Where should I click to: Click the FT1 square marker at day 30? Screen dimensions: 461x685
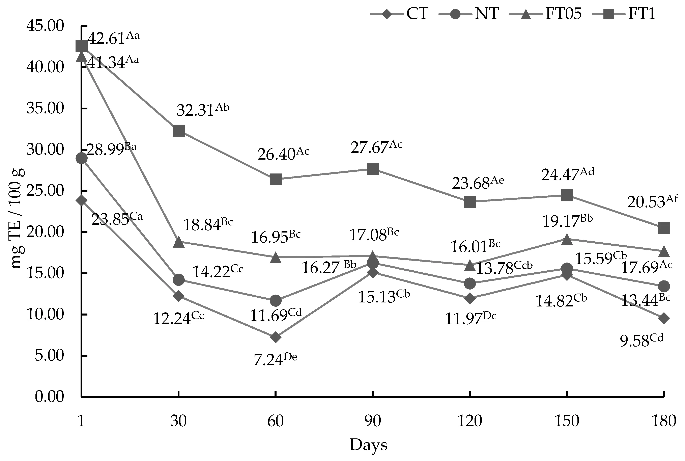click(178, 131)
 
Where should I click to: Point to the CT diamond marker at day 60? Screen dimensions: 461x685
click(275, 337)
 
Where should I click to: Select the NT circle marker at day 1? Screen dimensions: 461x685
click(81, 158)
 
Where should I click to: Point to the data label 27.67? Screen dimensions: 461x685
click(376, 147)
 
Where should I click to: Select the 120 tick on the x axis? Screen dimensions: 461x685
click(470, 421)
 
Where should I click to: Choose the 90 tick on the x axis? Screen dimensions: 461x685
click(373, 421)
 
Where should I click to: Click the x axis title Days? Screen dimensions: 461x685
click(369, 445)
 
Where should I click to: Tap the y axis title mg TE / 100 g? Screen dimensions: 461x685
click(18, 219)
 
